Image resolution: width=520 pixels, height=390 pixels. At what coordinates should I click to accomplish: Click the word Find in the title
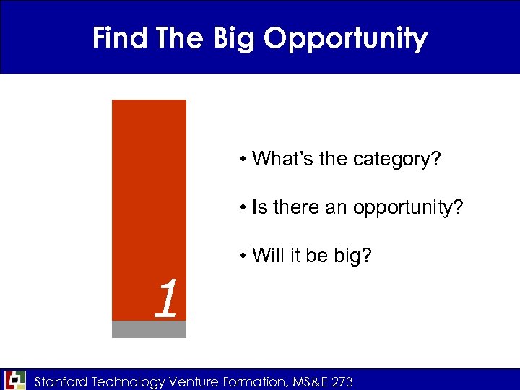[118, 38]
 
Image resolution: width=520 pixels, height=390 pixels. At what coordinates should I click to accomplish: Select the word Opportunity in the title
[345, 39]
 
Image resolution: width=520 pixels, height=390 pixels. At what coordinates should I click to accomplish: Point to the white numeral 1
[166, 299]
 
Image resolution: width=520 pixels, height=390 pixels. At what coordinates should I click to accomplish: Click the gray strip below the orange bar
[149, 329]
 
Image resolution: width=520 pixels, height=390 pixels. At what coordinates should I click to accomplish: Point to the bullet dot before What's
[246, 159]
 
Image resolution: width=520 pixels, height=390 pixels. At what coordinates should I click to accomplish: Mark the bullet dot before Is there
[246, 209]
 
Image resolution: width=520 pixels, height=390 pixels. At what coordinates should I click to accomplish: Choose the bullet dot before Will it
[246, 256]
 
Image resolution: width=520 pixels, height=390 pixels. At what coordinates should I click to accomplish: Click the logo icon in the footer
[14, 380]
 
